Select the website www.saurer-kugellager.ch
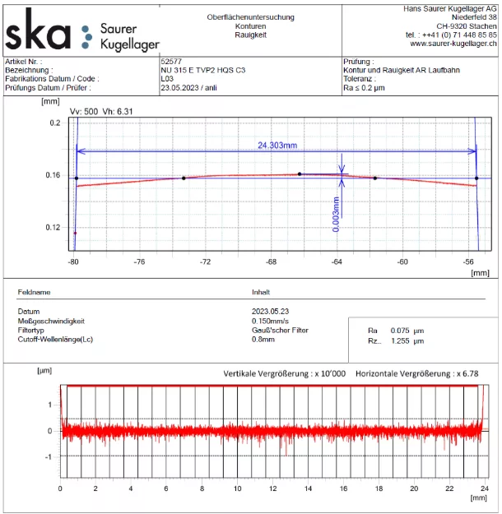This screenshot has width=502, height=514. [453, 44]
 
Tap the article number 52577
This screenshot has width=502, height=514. [171, 62]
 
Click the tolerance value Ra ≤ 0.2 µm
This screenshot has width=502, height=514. [364, 87]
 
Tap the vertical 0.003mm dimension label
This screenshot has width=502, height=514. [336, 214]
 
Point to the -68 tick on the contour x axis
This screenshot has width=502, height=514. [271, 262]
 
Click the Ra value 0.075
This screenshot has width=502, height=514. [400, 331]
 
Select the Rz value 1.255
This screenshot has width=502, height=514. [400, 340]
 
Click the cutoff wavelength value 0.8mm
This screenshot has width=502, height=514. [263, 339]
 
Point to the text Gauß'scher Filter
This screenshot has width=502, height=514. [279, 330]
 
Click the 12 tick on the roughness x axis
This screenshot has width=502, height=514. [272, 489]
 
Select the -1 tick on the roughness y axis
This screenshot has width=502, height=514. [49, 456]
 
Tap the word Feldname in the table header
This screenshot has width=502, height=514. [34, 292]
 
